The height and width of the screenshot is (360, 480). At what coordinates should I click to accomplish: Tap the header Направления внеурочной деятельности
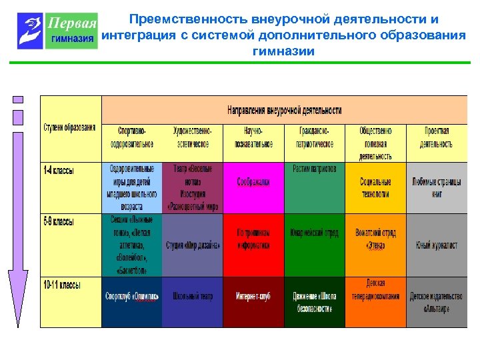click(285, 110)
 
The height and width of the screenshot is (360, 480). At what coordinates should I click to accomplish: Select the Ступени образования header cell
click(70, 127)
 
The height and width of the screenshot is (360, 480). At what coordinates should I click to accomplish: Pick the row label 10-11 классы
click(61, 285)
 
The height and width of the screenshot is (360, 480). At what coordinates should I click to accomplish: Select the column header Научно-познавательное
click(254, 137)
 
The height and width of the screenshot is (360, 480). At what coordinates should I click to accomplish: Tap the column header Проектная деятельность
click(436, 137)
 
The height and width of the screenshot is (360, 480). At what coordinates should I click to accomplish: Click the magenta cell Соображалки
click(254, 181)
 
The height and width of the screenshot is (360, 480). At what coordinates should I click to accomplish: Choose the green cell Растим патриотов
click(315, 169)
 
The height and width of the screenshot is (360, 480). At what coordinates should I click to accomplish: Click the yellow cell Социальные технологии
click(375, 187)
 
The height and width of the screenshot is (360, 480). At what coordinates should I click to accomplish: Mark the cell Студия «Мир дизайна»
click(193, 245)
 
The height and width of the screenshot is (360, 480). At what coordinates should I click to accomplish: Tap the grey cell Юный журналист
click(436, 245)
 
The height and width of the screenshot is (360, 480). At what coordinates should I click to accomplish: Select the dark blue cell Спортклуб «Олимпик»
click(132, 296)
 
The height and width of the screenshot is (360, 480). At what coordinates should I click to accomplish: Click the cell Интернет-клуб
click(254, 296)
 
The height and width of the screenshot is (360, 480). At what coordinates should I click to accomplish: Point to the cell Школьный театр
click(193, 296)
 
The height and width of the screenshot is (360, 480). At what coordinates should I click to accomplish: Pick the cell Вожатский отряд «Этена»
click(375, 239)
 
